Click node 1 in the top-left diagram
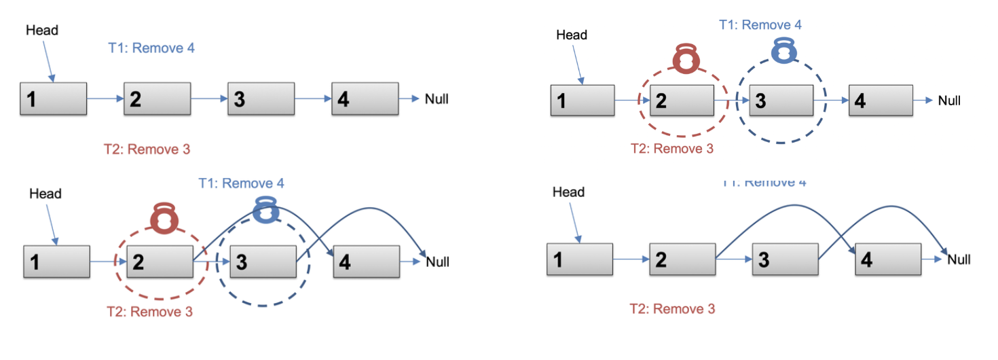(54, 100)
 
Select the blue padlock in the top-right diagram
(784, 50)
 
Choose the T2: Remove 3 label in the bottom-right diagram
(672, 309)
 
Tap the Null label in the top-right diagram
(949, 101)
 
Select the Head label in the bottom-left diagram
(45, 194)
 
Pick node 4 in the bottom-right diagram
(888, 259)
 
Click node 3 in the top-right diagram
(781, 101)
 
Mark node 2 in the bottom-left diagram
(160, 262)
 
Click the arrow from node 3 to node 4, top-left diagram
(313, 99)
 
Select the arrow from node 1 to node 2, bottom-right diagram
(631, 259)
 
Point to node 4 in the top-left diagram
(365, 100)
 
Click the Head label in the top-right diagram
(572, 35)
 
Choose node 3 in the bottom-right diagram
(785, 259)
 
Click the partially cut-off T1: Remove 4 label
(764, 183)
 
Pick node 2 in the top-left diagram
(157, 100)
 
